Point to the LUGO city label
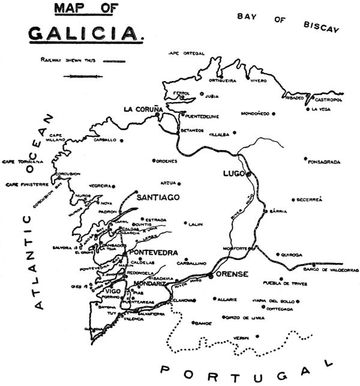pyautogui.click(x=233, y=173)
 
